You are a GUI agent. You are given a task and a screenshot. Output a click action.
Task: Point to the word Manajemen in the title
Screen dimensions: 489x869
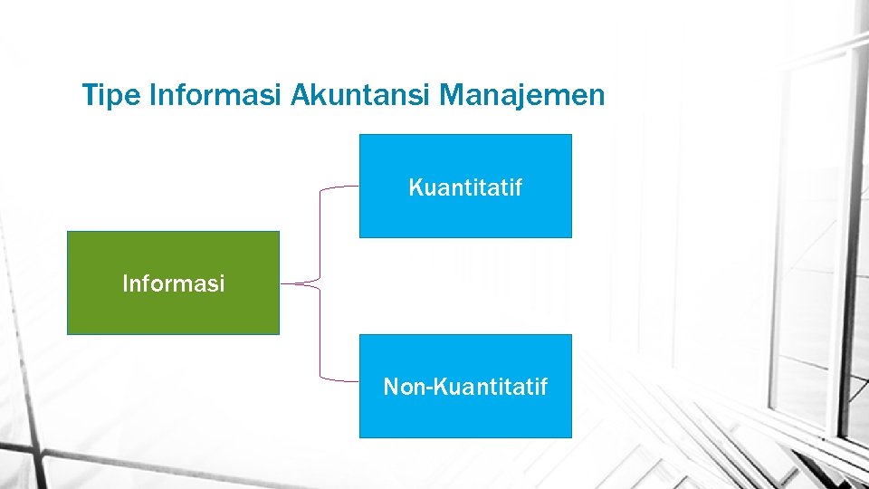click(x=522, y=95)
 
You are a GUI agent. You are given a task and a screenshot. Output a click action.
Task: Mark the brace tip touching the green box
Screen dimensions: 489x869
click(x=283, y=283)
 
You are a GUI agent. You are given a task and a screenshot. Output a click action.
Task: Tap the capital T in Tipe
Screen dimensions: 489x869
click(x=89, y=95)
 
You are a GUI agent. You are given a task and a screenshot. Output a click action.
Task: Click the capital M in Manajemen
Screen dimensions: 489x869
click(x=450, y=95)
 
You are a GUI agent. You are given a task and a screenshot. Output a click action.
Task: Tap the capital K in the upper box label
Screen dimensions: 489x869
click(x=415, y=188)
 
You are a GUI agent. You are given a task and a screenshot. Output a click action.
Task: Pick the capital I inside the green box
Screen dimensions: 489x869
click(x=126, y=283)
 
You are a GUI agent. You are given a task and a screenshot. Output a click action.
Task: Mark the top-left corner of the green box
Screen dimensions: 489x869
click(x=68, y=232)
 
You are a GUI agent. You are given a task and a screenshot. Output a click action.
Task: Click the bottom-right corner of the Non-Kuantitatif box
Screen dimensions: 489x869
click(x=571, y=437)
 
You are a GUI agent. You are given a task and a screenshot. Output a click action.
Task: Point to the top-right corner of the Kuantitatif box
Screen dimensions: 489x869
click(x=571, y=135)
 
